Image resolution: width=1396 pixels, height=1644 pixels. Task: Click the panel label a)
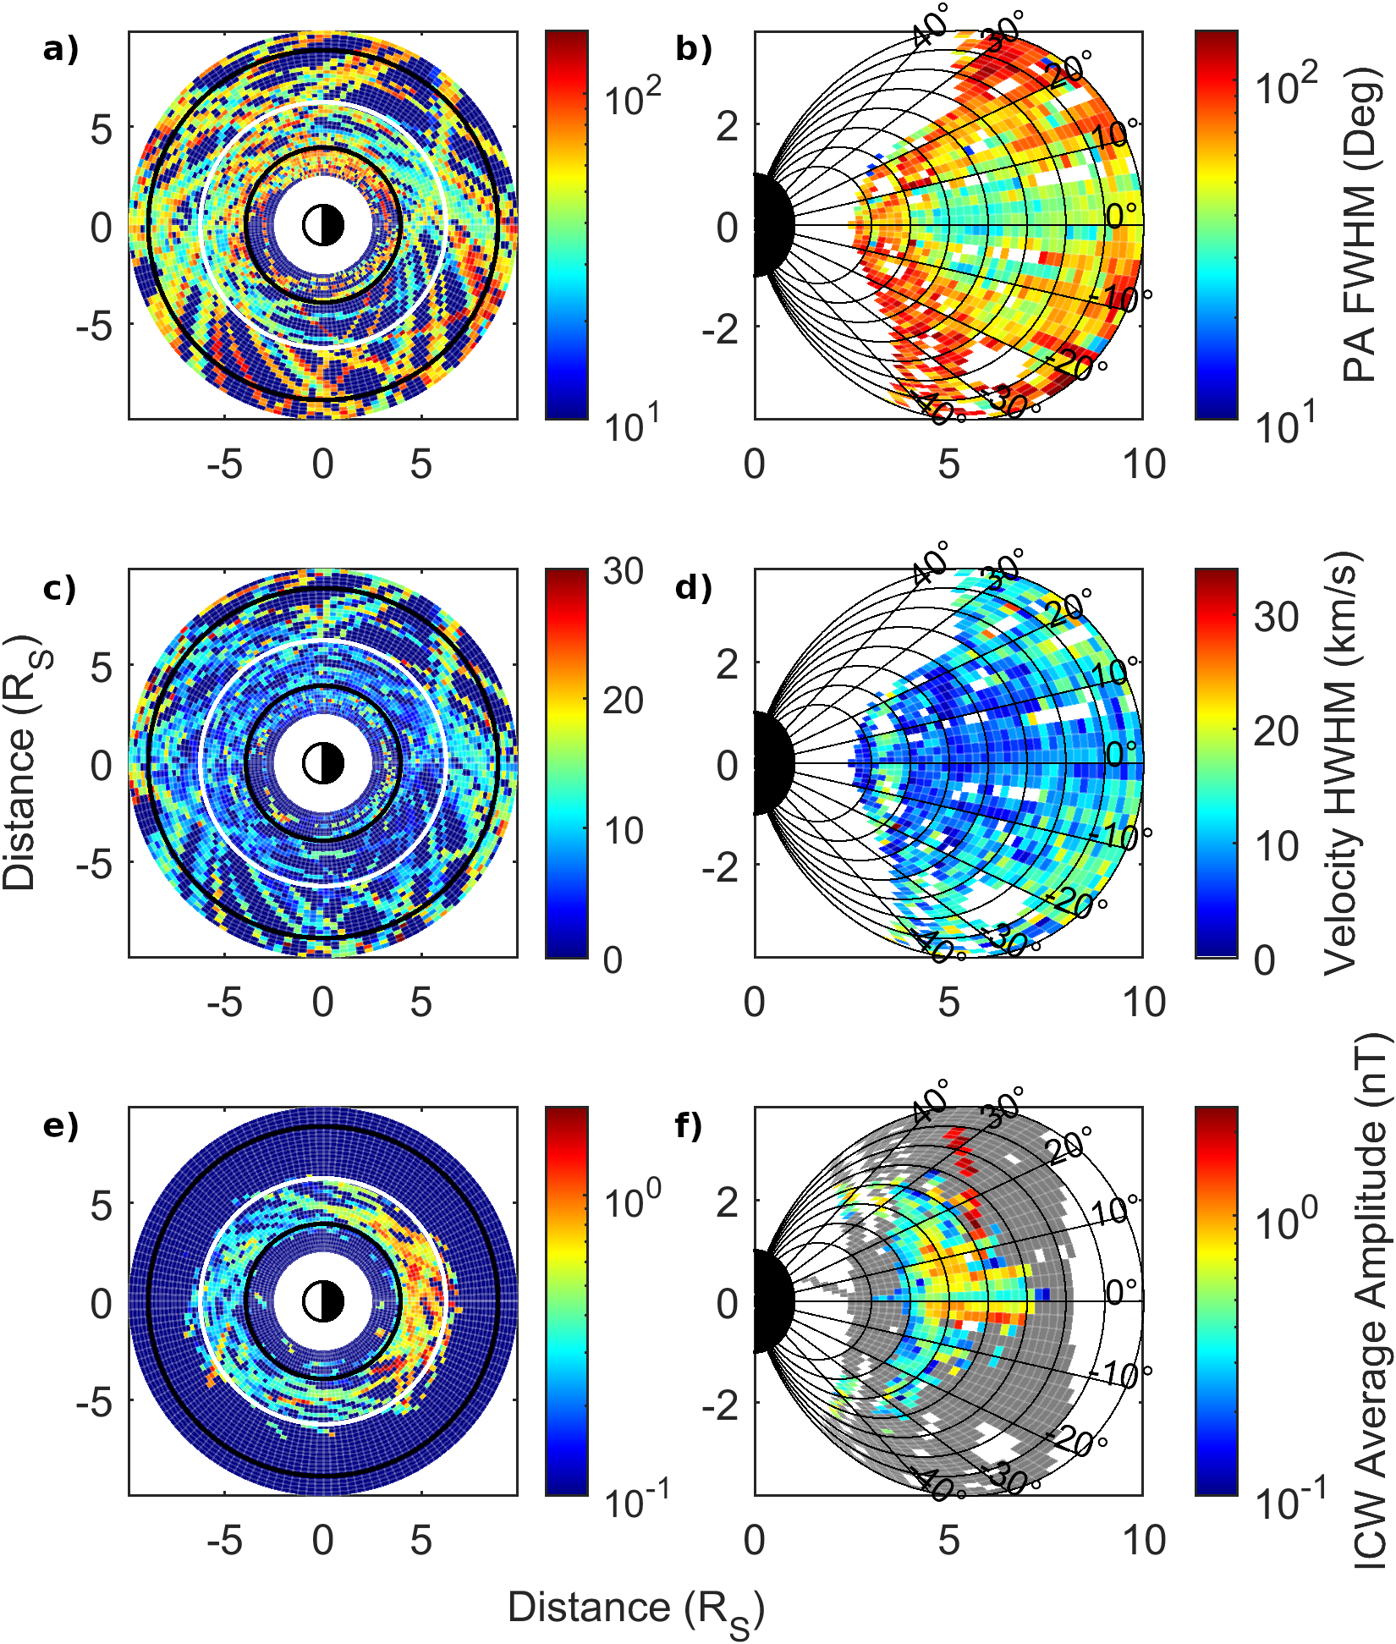(x=60, y=51)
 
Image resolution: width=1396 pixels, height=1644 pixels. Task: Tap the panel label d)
(x=693, y=588)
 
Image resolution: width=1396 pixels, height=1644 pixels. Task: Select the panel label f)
(x=690, y=1126)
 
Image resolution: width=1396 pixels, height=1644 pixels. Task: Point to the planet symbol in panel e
(x=323, y=1301)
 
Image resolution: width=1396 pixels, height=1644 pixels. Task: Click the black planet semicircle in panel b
(x=770, y=225)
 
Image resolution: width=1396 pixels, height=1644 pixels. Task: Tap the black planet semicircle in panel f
(x=770, y=1301)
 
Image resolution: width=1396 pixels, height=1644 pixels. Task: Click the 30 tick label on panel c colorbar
(x=624, y=572)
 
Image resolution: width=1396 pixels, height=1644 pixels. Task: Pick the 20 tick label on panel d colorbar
(x=1276, y=731)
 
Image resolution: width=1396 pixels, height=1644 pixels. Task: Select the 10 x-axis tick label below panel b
(x=1144, y=465)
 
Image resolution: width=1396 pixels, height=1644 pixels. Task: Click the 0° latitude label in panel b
(x=1122, y=217)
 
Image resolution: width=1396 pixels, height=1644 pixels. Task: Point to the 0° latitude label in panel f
(x=1122, y=1292)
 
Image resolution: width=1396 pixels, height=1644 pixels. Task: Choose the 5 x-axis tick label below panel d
(x=948, y=1003)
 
